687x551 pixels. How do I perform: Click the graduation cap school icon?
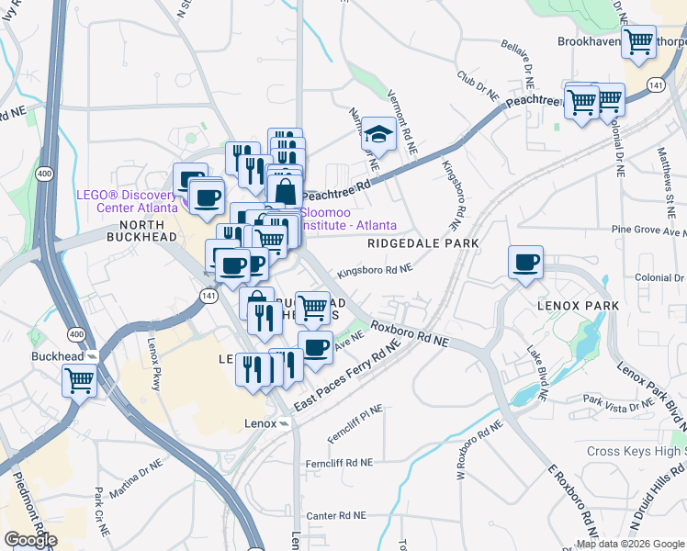[377, 133]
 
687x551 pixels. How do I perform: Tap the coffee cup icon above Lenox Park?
[526, 263]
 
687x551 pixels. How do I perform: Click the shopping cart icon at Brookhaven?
[638, 41]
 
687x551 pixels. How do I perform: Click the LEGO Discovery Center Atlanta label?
[125, 201]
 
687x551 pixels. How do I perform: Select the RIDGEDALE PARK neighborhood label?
[423, 243]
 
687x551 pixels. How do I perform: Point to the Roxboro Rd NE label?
[409, 333]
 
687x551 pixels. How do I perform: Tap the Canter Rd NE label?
[335, 516]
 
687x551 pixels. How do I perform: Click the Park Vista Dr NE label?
[620, 400]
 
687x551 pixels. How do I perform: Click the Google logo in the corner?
[31, 539]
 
